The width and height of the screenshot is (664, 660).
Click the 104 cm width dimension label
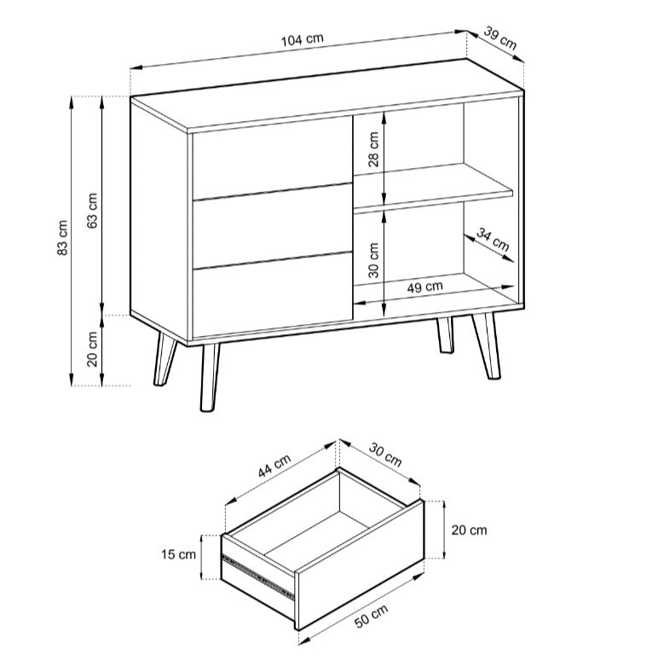303,39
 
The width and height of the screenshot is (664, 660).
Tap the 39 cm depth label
500,38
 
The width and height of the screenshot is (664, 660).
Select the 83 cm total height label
62,238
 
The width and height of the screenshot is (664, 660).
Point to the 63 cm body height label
92,211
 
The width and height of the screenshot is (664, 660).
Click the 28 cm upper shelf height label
373,149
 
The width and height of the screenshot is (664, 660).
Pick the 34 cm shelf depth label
493,239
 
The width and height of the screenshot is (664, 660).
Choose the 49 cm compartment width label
424,287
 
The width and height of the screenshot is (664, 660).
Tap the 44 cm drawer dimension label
274,466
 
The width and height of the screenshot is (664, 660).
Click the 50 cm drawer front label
372,616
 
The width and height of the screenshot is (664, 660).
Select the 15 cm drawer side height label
178,554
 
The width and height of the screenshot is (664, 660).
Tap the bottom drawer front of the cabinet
273,295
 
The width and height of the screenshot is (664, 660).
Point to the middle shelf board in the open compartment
433,187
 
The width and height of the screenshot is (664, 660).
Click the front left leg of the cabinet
209,377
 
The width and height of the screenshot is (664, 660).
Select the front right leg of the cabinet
486,345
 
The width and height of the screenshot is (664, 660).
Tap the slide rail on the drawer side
258,576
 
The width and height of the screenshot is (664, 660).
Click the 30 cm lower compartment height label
373,260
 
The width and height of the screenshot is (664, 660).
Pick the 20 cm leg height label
92,349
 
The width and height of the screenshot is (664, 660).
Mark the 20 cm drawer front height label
469,530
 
